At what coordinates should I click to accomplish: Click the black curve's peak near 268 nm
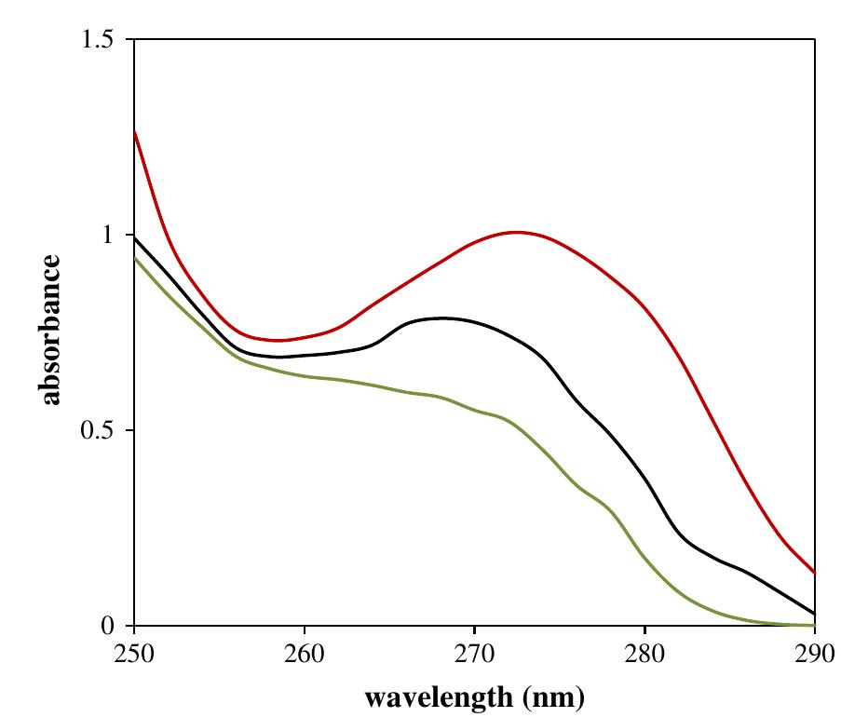(x=441, y=318)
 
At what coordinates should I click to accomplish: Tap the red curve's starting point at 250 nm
(x=135, y=132)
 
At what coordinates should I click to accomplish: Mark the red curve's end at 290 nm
(x=814, y=573)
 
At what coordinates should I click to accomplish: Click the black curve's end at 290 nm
(x=814, y=614)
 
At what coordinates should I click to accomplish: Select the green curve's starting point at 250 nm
(x=135, y=257)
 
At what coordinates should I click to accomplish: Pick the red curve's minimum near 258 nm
(x=278, y=341)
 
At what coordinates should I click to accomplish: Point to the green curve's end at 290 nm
(x=814, y=625)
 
